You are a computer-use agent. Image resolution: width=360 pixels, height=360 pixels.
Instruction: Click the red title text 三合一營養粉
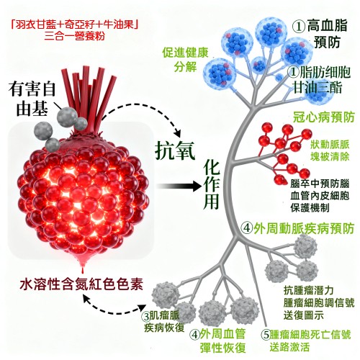click(x=75, y=37)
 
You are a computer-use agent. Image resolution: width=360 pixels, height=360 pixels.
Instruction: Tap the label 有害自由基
click(x=32, y=99)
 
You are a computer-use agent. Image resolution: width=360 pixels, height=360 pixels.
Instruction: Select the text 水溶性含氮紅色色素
click(x=81, y=284)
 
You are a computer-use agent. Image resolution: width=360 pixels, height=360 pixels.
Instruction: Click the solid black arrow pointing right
click(x=178, y=186)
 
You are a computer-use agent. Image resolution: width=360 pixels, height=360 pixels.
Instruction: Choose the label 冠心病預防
click(x=323, y=117)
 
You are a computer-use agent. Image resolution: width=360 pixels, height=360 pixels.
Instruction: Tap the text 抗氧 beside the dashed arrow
click(x=175, y=150)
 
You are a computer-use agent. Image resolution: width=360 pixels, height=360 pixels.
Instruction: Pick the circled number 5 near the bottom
click(x=266, y=335)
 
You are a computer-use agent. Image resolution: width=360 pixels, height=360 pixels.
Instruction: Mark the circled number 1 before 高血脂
click(x=299, y=27)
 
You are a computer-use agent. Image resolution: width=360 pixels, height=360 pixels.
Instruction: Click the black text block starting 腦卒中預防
click(x=320, y=196)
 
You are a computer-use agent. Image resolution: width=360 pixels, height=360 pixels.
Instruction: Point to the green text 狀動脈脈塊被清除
click(x=330, y=150)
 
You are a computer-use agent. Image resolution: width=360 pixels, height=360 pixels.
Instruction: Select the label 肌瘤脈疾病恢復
click(x=164, y=322)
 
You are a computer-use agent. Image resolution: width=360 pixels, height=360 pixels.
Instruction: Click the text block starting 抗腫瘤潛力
click(x=319, y=303)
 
